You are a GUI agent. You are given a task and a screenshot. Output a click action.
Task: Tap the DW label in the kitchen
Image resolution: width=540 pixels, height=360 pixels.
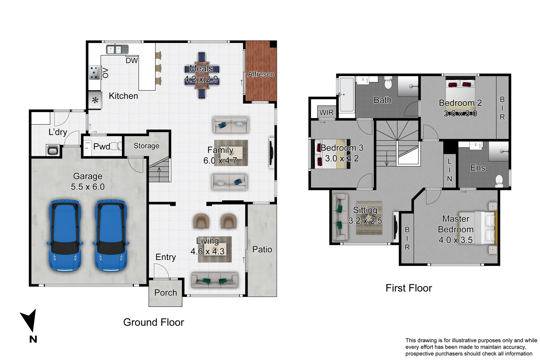coord(132,61)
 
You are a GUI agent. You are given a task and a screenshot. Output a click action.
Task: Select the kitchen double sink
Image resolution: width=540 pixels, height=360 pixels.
coord(117,49)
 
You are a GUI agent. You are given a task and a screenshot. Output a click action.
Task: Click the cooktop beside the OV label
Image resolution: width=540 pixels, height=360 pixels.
coord(95,72)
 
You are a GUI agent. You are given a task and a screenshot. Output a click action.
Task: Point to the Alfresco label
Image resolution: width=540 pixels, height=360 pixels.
coord(261,74)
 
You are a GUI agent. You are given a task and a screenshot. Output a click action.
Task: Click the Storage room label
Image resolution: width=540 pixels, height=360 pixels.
coord(146,146)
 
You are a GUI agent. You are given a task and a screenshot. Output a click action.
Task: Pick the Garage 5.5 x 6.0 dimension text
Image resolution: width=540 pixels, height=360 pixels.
coord(88,187)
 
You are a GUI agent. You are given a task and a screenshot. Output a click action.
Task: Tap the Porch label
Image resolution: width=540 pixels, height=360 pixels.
coord(166,292)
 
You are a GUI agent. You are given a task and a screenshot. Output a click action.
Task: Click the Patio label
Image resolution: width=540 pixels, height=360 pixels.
coord(262,249)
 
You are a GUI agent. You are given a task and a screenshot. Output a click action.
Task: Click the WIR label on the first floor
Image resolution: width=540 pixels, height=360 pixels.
coord(326,112)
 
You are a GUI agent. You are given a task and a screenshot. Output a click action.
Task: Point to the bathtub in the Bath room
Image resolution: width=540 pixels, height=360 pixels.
coord(347,94)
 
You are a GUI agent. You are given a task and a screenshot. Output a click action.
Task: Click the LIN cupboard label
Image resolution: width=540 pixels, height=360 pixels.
coord(450,170)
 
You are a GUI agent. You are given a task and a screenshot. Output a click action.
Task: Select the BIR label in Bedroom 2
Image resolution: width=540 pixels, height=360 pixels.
coord(502,108)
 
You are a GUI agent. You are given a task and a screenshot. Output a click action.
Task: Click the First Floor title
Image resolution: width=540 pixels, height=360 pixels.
coord(409,288)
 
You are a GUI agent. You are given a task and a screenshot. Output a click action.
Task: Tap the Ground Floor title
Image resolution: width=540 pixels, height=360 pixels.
coord(154,322)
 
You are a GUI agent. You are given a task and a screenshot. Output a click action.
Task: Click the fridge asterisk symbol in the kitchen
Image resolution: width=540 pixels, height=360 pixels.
coord(95,100)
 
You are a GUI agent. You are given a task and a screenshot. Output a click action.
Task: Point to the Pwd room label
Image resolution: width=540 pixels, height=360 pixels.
coord(101,146)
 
